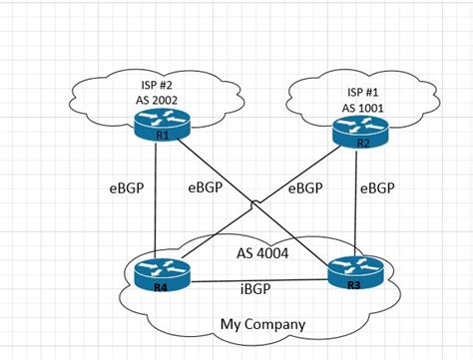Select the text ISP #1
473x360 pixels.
[x=361, y=92]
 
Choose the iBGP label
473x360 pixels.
[x=258, y=289]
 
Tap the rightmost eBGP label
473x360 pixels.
[x=377, y=186]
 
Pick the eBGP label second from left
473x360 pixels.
[x=205, y=186]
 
